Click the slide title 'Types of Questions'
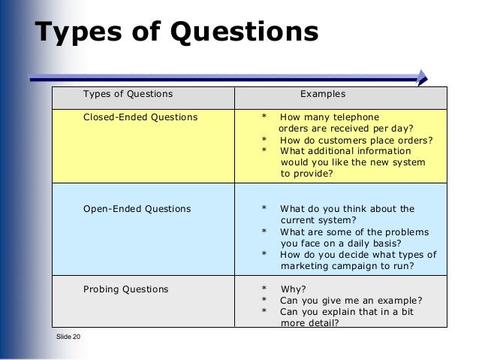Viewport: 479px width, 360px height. [177, 34]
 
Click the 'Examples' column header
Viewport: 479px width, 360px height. [323, 95]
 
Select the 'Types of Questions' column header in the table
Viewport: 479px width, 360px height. [127, 95]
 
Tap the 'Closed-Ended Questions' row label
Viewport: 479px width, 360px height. [140, 117]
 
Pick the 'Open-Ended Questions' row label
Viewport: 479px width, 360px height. [137, 208]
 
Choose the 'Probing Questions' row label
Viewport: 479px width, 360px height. [125, 289]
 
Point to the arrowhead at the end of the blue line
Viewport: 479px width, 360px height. [422, 76]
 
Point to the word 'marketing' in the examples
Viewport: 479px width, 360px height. [305, 266]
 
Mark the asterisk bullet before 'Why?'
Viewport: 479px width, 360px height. [264, 289]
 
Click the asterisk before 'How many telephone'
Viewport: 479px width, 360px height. [264, 118]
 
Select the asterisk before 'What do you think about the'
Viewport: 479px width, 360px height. [264, 209]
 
